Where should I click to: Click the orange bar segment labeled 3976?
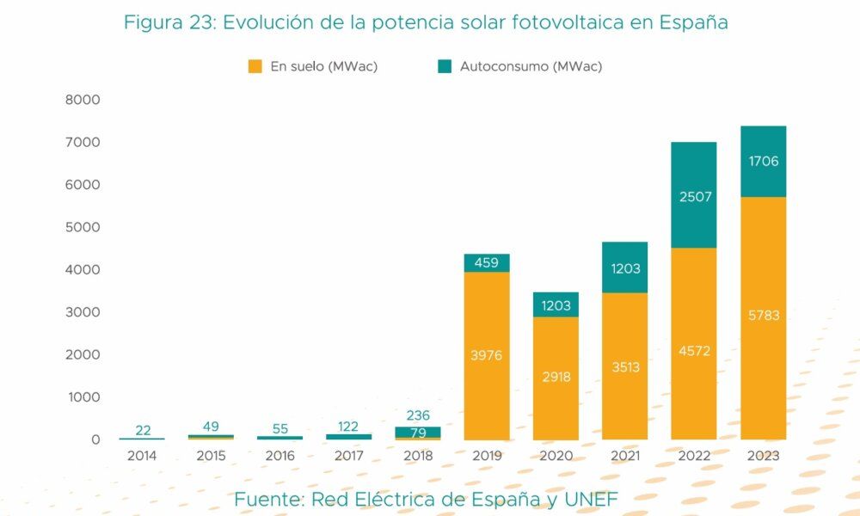coord(487,356)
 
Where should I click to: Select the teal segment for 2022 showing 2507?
coord(693,195)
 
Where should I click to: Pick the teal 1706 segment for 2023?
coord(763,162)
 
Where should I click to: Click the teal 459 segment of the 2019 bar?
coord(487,263)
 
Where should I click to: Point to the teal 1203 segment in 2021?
coord(624,267)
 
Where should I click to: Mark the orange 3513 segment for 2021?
coord(624,366)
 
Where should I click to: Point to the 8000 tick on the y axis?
coord(83,100)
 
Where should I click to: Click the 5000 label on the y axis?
coord(83,227)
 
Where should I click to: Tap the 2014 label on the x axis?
coord(142,457)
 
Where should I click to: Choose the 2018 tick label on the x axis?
coord(417,457)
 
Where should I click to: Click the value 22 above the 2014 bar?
coord(143,430)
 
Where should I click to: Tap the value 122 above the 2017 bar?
coord(348,426)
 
